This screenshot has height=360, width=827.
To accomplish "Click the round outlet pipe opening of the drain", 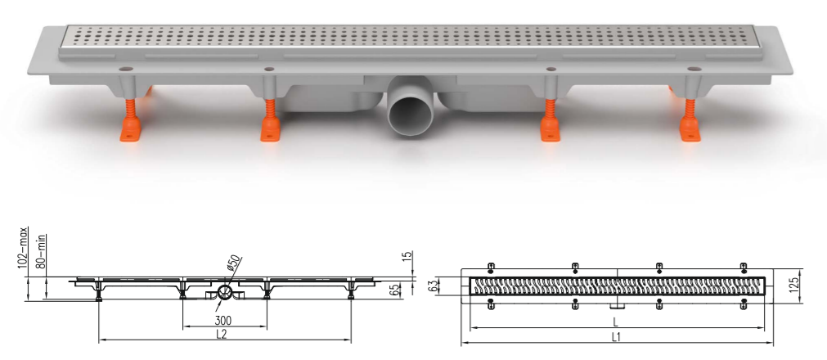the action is (x=411, y=115).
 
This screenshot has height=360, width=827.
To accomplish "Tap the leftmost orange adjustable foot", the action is (x=131, y=119).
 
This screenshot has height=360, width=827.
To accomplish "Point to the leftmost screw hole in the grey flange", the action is (x=125, y=69).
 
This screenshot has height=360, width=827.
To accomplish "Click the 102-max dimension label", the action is (x=23, y=248).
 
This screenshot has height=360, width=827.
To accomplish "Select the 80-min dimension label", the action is (x=40, y=252).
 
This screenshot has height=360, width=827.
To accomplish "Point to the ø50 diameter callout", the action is (x=234, y=263).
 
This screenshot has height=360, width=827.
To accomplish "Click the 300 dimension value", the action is (x=222, y=321).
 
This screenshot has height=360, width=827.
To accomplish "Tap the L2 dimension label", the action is (x=221, y=334).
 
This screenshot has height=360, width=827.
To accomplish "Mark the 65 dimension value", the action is (x=407, y=290).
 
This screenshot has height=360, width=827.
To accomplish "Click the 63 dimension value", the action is (x=434, y=286).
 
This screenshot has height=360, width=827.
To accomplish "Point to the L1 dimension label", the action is (x=615, y=337).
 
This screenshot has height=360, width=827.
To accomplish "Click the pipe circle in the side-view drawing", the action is (x=225, y=291).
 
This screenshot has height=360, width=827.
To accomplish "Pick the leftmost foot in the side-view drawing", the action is (x=99, y=290).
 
